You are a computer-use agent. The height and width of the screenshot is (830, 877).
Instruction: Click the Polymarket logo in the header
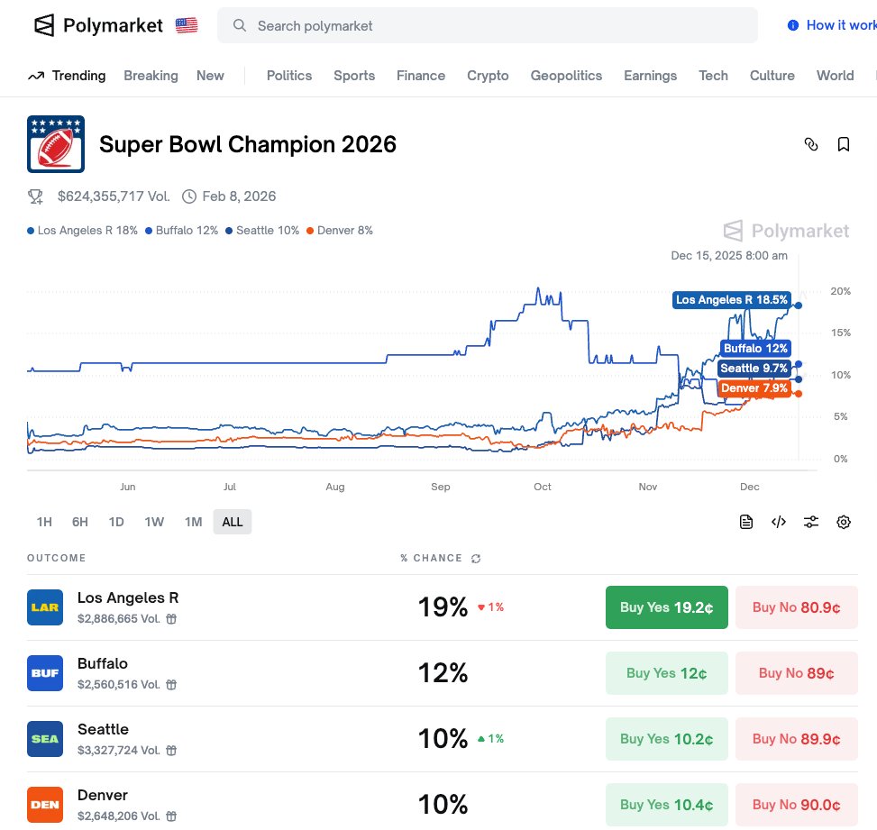pos(98,25)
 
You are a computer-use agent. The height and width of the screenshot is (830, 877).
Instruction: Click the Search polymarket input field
pos(487,25)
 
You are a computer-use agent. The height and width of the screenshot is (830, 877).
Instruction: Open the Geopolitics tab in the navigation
pos(566,76)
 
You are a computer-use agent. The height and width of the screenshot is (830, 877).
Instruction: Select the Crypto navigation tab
pos(488,76)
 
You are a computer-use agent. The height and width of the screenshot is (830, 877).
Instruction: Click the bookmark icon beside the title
pos(844,144)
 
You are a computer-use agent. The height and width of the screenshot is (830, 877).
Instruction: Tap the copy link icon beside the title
pos(811,144)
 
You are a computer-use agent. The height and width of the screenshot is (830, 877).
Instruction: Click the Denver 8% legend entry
pos(340,231)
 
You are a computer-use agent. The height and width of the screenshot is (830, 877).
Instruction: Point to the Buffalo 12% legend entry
pos(182,231)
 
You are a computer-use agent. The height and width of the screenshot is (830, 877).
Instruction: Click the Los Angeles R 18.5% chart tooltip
pos(732,300)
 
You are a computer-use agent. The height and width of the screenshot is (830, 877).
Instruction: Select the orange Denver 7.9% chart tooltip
pos(754,388)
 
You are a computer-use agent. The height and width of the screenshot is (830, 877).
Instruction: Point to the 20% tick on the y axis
pos(840,291)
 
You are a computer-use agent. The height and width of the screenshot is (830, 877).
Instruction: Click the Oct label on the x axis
pos(542,487)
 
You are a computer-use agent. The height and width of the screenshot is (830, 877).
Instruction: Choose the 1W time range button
pos(154,522)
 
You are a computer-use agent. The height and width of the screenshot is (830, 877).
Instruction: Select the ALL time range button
pos(233,522)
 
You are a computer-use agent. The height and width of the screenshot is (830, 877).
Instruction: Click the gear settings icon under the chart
pos(844,522)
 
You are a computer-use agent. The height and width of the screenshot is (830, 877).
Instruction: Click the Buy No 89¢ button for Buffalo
pos(796,673)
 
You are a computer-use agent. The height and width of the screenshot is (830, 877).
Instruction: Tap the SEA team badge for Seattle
pos(45,739)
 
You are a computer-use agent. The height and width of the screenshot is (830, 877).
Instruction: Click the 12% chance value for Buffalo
pos(443,673)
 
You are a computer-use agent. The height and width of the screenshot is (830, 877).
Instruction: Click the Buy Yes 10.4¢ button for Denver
pos(666,805)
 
